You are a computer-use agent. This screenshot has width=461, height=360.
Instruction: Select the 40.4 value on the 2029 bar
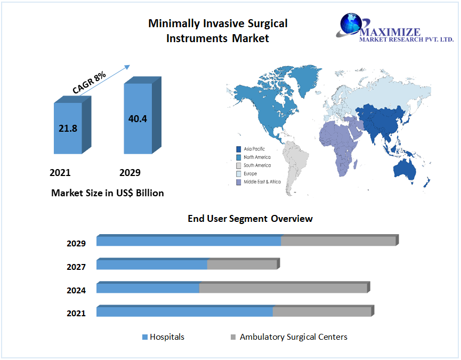point(138,118)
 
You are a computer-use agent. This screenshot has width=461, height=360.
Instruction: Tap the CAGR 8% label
point(90,84)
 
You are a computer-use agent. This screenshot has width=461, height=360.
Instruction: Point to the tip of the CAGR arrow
point(130,66)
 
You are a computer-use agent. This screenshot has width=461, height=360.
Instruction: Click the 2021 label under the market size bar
point(60,173)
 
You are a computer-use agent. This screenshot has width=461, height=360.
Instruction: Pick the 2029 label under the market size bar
point(130,173)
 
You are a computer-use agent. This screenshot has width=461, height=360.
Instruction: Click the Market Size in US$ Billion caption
point(107,193)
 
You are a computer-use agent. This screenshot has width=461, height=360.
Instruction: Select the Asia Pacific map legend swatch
point(238,149)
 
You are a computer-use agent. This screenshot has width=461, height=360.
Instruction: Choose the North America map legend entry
point(256,157)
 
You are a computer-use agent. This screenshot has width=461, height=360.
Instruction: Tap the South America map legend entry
point(256,165)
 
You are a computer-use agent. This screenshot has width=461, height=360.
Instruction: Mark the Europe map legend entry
point(250,173)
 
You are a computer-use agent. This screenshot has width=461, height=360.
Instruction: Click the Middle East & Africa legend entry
point(262,182)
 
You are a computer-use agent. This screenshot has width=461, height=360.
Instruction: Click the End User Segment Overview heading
point(250,219)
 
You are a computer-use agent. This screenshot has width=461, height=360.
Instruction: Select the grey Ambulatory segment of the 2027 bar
point(242,265)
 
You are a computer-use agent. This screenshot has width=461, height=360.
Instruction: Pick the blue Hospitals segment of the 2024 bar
point(148,288)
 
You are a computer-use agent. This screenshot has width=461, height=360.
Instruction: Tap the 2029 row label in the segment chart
point(76,244)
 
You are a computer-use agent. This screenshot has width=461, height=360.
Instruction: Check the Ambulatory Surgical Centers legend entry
point(293,337)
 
